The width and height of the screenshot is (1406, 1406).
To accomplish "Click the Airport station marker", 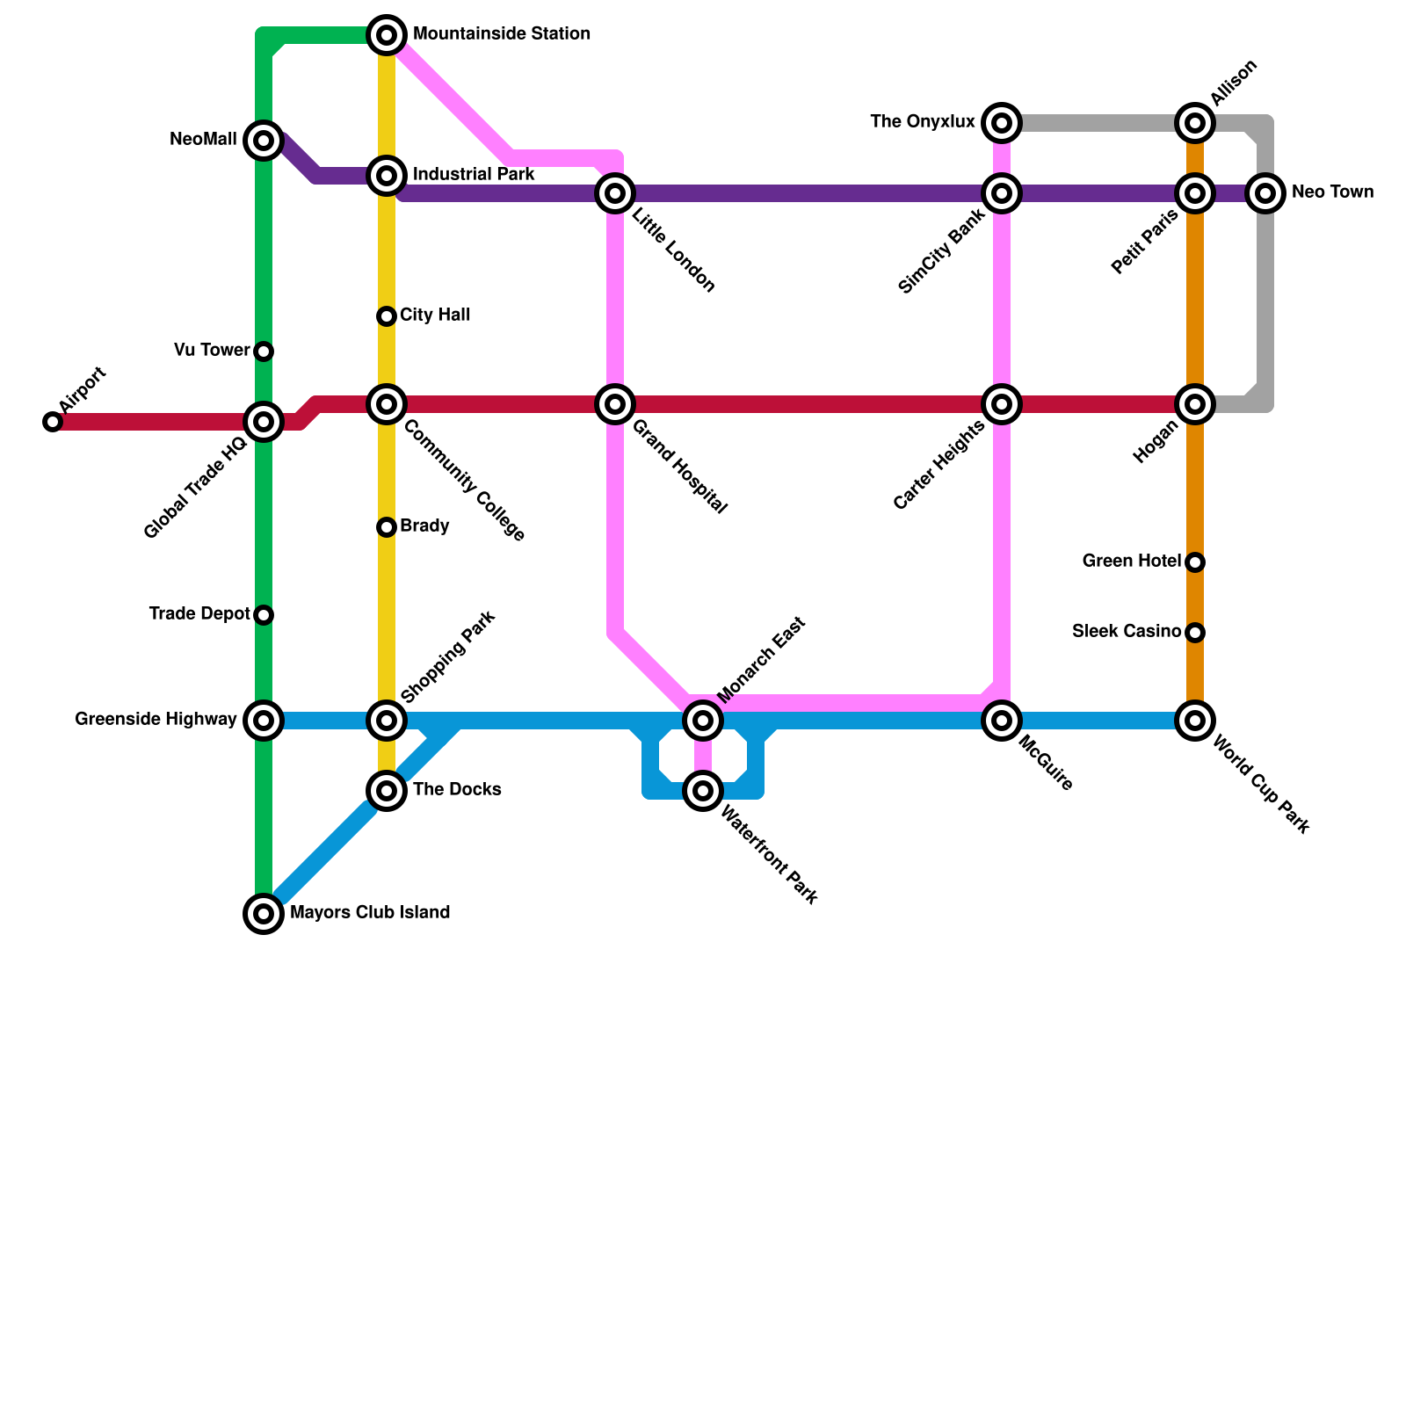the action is pos(53,422).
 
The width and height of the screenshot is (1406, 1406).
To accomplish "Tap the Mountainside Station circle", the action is pos(387,35).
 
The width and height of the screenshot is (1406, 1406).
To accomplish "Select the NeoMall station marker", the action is pos(264,141).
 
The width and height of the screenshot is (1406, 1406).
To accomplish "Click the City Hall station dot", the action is pos(387,316).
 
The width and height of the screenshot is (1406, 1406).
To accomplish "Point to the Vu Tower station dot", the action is pos(264,351).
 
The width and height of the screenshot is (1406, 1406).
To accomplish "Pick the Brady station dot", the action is pos(387,527).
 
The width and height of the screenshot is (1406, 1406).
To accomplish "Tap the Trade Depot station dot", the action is pos(264,615).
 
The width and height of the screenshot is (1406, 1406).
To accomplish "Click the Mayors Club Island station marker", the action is pos(264,914).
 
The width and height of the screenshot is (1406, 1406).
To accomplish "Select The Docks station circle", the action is pos(387,791).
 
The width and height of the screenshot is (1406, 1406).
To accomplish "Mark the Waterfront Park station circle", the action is pos(703,791).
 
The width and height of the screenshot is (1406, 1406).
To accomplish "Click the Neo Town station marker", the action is pos(1265,193).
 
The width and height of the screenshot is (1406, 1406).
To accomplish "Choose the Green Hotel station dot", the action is pos(1195,562).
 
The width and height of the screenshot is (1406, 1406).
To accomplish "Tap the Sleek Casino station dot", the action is pos(1195,633).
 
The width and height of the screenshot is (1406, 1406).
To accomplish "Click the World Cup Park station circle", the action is pos(1195,721).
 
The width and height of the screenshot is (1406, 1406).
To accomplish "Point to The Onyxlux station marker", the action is pos(1002,123).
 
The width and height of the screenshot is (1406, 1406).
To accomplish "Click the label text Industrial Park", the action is pos(474,175).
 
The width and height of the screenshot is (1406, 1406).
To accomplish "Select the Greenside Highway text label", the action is pos(156,720).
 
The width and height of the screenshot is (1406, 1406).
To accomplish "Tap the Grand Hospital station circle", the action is pos(615,404).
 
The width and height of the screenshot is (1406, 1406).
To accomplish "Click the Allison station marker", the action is pos(1195,123).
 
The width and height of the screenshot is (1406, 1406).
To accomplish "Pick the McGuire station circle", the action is pos(1002,721).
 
